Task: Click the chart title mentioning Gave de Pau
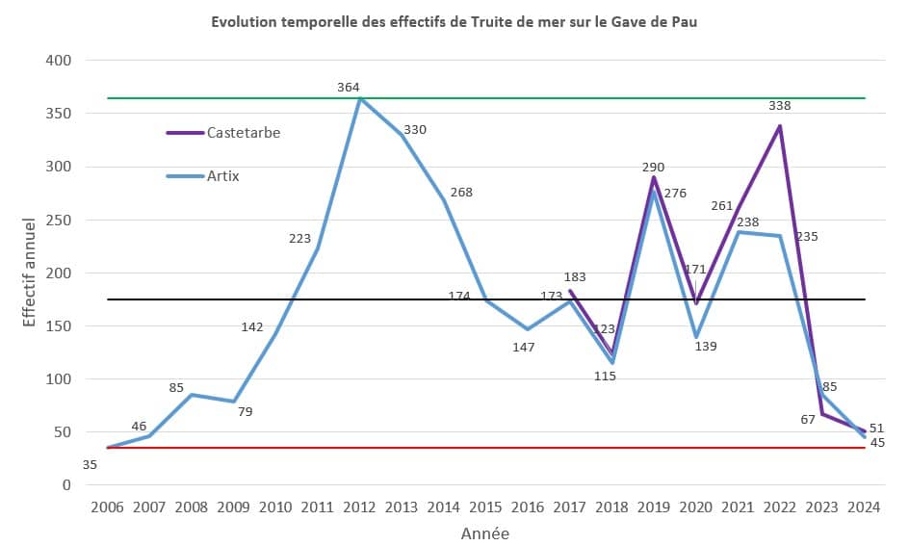[x=454, y=22]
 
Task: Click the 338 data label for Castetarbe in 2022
[x=780, y=106]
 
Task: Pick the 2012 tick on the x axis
[x=359, y=507]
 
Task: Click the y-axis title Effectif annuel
[x=30, y=273]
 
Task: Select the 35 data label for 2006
[x=90, y=465]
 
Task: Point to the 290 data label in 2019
[x=653, y=168]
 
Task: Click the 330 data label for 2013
[x=415, y=129]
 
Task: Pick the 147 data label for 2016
[x=523, y=347]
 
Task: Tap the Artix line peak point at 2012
[x=359, y=99]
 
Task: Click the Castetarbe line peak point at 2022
[x=780, y=126]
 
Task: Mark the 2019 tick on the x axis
[x=653, y=507]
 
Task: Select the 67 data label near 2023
[x=807, y=419]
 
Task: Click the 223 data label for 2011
[x=299, y=239]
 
